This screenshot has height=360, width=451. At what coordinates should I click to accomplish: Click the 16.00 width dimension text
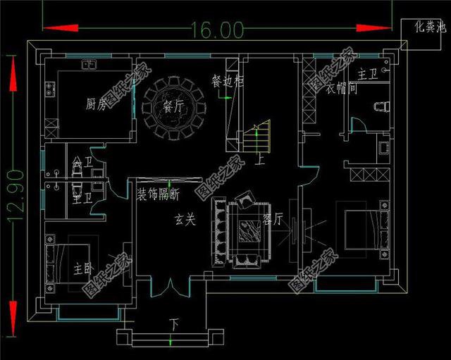coord(216,30)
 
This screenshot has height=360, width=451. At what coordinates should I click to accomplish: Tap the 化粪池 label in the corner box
coord(429,27)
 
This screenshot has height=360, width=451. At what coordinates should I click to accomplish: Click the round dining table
coord(173,107)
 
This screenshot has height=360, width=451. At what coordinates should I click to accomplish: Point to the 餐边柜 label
coord(228,82)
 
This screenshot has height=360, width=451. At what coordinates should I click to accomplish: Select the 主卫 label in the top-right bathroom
coord(368,73)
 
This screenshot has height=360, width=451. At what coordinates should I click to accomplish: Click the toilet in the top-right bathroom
coord(381,106)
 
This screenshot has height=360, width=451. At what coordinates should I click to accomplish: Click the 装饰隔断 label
coord(158,194)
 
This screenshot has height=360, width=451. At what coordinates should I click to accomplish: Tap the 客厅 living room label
coord(273,219)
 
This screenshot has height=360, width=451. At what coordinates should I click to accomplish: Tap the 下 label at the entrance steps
coord(173,325)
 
